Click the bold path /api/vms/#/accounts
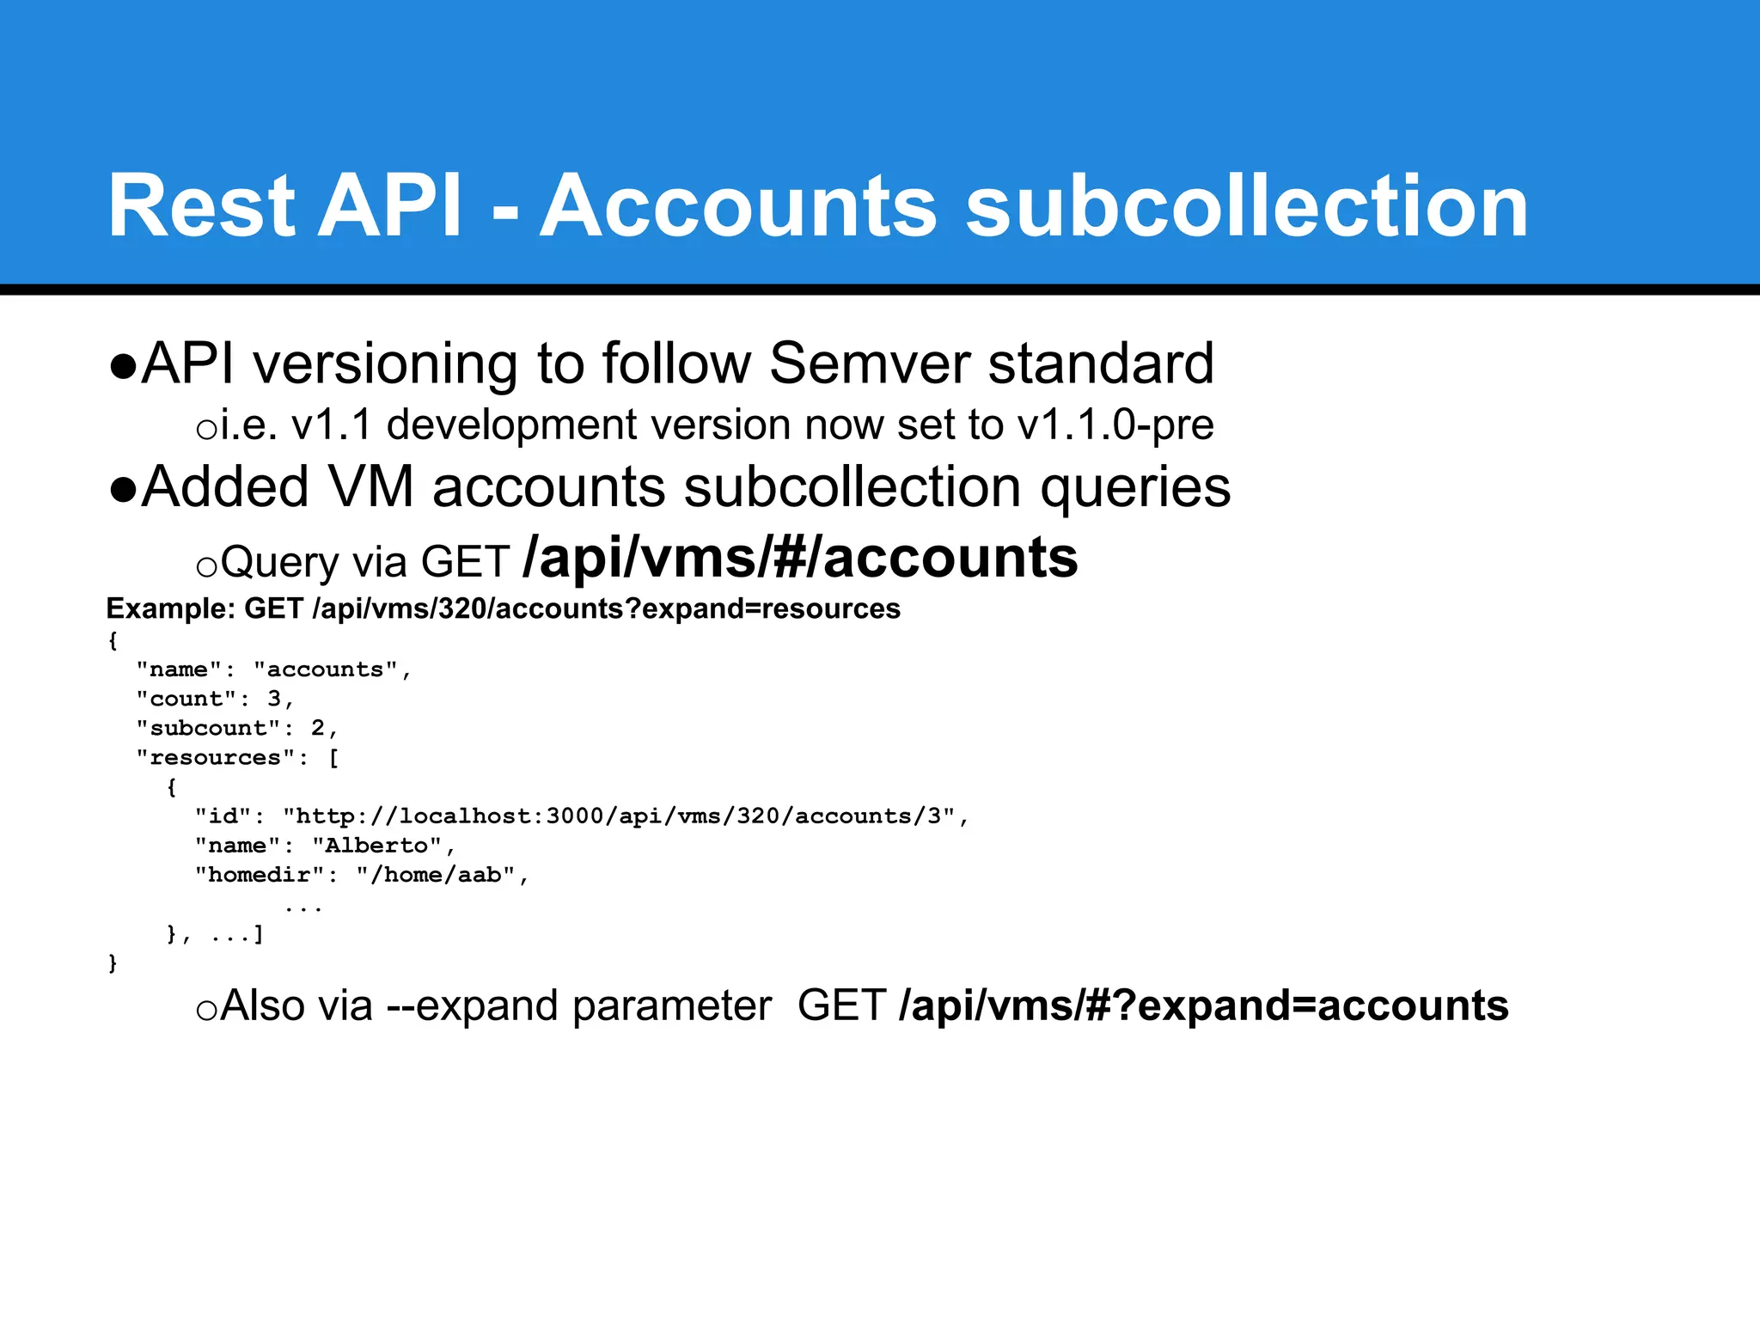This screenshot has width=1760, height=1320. click(x=800, y=558)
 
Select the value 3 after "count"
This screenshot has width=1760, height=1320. click(x=274, y=699)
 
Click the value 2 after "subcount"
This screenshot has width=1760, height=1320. click(x=318, y=728)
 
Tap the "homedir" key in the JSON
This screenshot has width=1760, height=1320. click(x=259, y=875)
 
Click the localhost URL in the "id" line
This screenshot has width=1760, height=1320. click(x=619, y=816)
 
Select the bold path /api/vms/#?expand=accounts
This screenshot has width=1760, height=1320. click(x=1203, y=1005)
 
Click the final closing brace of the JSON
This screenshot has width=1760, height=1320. click(x=113, y=963)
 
